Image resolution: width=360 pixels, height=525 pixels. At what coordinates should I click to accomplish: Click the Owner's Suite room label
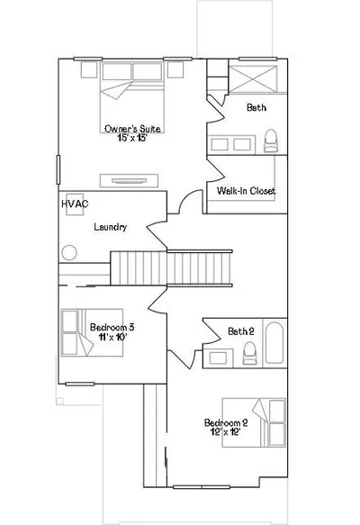pyautogui.click(x=132, y=129)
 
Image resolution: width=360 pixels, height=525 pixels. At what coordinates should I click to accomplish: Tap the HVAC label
pyautogui.click(x=75, y=204)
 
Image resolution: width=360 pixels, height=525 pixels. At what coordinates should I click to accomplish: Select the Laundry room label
pyautogui.click(x=110, y=227)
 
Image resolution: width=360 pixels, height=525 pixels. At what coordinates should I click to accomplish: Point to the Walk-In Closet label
pyautogui.click(x=246, y=191)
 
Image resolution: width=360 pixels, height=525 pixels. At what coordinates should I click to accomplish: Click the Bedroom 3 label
pyautogui.click(x=112, y=327)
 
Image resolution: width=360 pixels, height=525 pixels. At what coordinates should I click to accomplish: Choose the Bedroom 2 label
pyautogui.click(x=226, y=422)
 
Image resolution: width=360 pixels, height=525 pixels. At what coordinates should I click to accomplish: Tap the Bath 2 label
pyautogui.click(x=241, y=331)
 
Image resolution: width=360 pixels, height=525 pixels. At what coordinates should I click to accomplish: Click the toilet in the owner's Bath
pyautogui.click(x=271, y=141)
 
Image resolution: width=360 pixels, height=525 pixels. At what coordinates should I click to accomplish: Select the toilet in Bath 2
pyautogui.click(x=249, y=353)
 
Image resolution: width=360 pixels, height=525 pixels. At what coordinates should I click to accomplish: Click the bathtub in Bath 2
pyautogui.click(x=274, y=342)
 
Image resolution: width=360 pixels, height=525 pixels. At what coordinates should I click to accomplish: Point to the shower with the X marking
pyautogui.click(x=253, y=79)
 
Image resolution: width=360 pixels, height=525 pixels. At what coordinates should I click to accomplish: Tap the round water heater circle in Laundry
pyautogui.click(x=69, y=253)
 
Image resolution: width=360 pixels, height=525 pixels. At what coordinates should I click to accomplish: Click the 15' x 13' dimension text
pyautogui.click(x=132, y=138)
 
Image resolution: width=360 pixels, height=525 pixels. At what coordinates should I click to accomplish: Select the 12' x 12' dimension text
pyautogui.click(x=226, y=432)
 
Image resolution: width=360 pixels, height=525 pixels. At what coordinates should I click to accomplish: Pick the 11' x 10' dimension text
pyautogui.click(x=112, y=337)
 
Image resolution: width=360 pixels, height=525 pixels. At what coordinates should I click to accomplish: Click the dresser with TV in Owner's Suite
pyautogui.click(x=129, y=181)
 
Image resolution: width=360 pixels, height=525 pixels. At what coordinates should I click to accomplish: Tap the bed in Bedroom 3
pyautogui.click(x=92, y=332)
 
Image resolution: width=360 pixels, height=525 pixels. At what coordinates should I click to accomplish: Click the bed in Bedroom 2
pyautogui.click(x=254, y=422)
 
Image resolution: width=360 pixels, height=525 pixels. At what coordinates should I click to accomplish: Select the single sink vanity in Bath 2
pyautogui.click(x=218, y=358)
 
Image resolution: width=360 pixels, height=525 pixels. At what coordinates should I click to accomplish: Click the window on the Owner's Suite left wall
pyautogui.click(x=58, y=169)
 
